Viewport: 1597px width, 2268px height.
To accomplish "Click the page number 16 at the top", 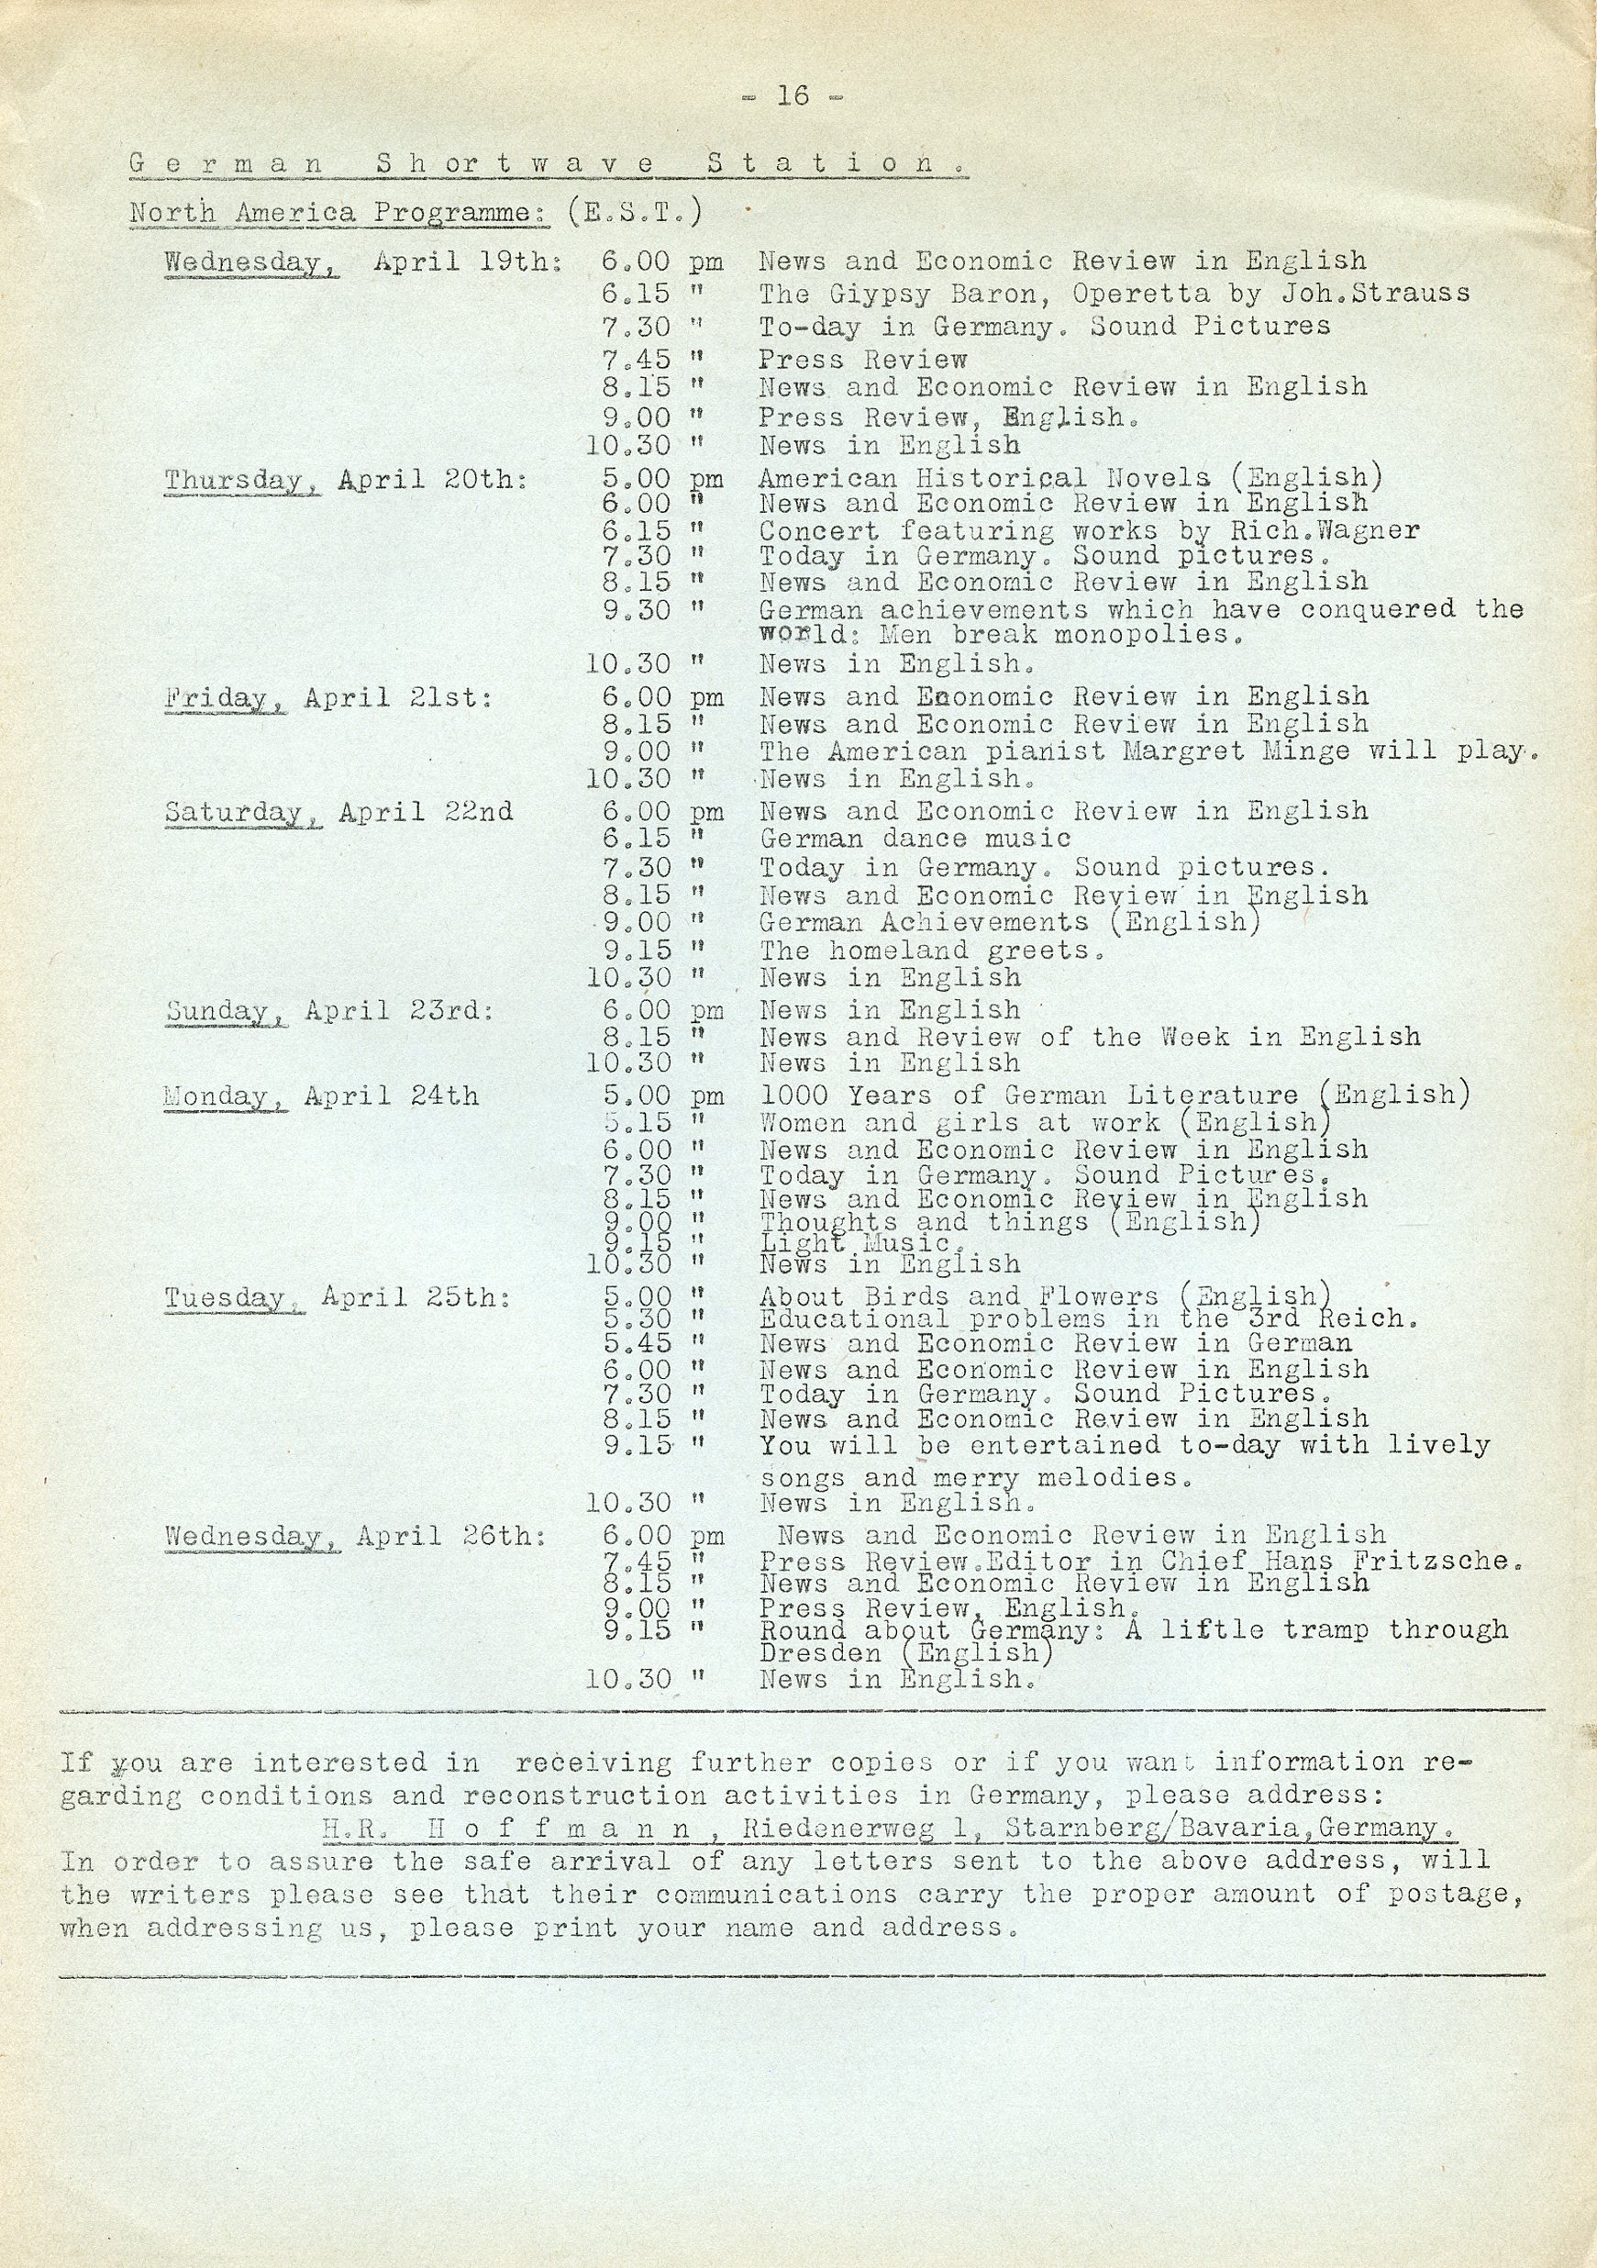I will pyautogui.click(x=793, y=95).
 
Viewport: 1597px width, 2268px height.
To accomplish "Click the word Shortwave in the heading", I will pyautogui.click(x=515, y=164).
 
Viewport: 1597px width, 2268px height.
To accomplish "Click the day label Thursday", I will pyautogui.click(x=242, y=480).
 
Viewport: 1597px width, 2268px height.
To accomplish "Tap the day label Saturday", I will pyautogui.click(x=242, y=812).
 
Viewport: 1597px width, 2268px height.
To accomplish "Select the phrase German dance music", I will pyautogui.click(x=915, y=839).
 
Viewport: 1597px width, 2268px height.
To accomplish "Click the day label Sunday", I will pyautogui.click(x=227, y=1011).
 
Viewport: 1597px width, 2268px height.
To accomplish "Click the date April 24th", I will pyautogui.click(x=391, y=1096).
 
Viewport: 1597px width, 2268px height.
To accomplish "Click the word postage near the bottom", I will pyautogui.click(x=1456, y=1894).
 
